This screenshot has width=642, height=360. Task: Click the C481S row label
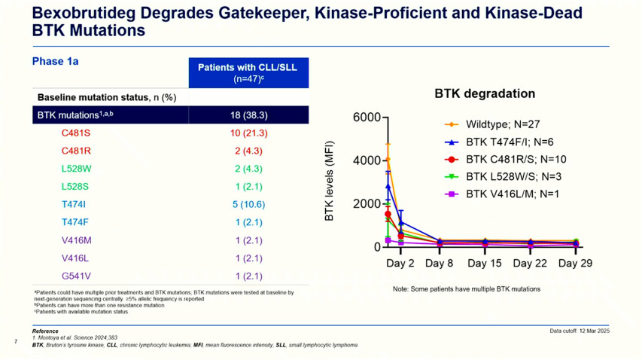[x=76, y=133]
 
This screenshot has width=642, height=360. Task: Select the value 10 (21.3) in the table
[x=248, y=133]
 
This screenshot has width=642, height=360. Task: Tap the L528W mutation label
[x=77, y=169]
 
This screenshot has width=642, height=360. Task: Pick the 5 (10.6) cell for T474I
[x=248, y=204]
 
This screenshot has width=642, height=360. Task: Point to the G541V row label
[x=76, y=276]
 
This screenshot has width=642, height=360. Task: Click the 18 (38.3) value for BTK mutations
[x=248, y=115]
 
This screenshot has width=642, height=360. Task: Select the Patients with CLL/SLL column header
[x=248, y=72]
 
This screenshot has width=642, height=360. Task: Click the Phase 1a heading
[x=55, y=61]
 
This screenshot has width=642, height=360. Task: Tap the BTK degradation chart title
[x=485, y=94]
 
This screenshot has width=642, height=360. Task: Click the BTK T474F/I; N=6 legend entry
[x=510, y=142]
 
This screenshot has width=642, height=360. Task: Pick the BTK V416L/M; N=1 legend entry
[x=513, y=194]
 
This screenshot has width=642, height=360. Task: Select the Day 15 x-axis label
[x=484, y=264]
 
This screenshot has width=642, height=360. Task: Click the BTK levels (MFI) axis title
[x=329, y=183]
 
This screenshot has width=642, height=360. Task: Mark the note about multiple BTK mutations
[x=466, y=289]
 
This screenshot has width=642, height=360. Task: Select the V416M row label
[x=76, y=240]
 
